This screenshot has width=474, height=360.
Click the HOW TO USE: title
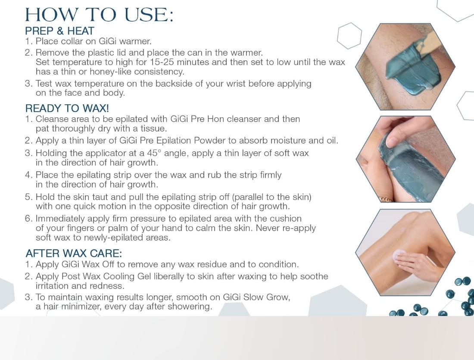coord(100,15)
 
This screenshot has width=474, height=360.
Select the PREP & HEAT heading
coord(59,31)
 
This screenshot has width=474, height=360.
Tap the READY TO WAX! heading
coord(67,108)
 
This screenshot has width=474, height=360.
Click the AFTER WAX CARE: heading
coord(74,253)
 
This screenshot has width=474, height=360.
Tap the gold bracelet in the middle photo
coord(385,199)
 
